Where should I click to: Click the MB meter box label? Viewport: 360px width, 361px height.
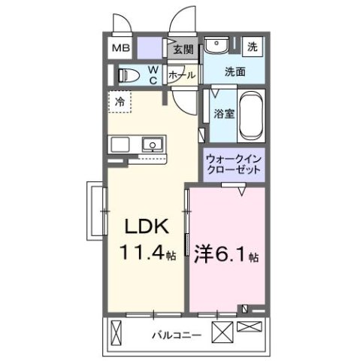120,50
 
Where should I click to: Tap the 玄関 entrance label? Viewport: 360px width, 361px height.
183,50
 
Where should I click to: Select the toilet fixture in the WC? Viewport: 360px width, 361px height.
128,74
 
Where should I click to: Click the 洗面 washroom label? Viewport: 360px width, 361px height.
234,72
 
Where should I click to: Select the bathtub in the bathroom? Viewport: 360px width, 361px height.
250,115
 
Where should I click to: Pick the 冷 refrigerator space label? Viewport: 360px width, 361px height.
120,99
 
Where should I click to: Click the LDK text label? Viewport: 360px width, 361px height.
147,227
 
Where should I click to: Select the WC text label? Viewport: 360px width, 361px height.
153,74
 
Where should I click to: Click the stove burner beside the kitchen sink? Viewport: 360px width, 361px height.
120,143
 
